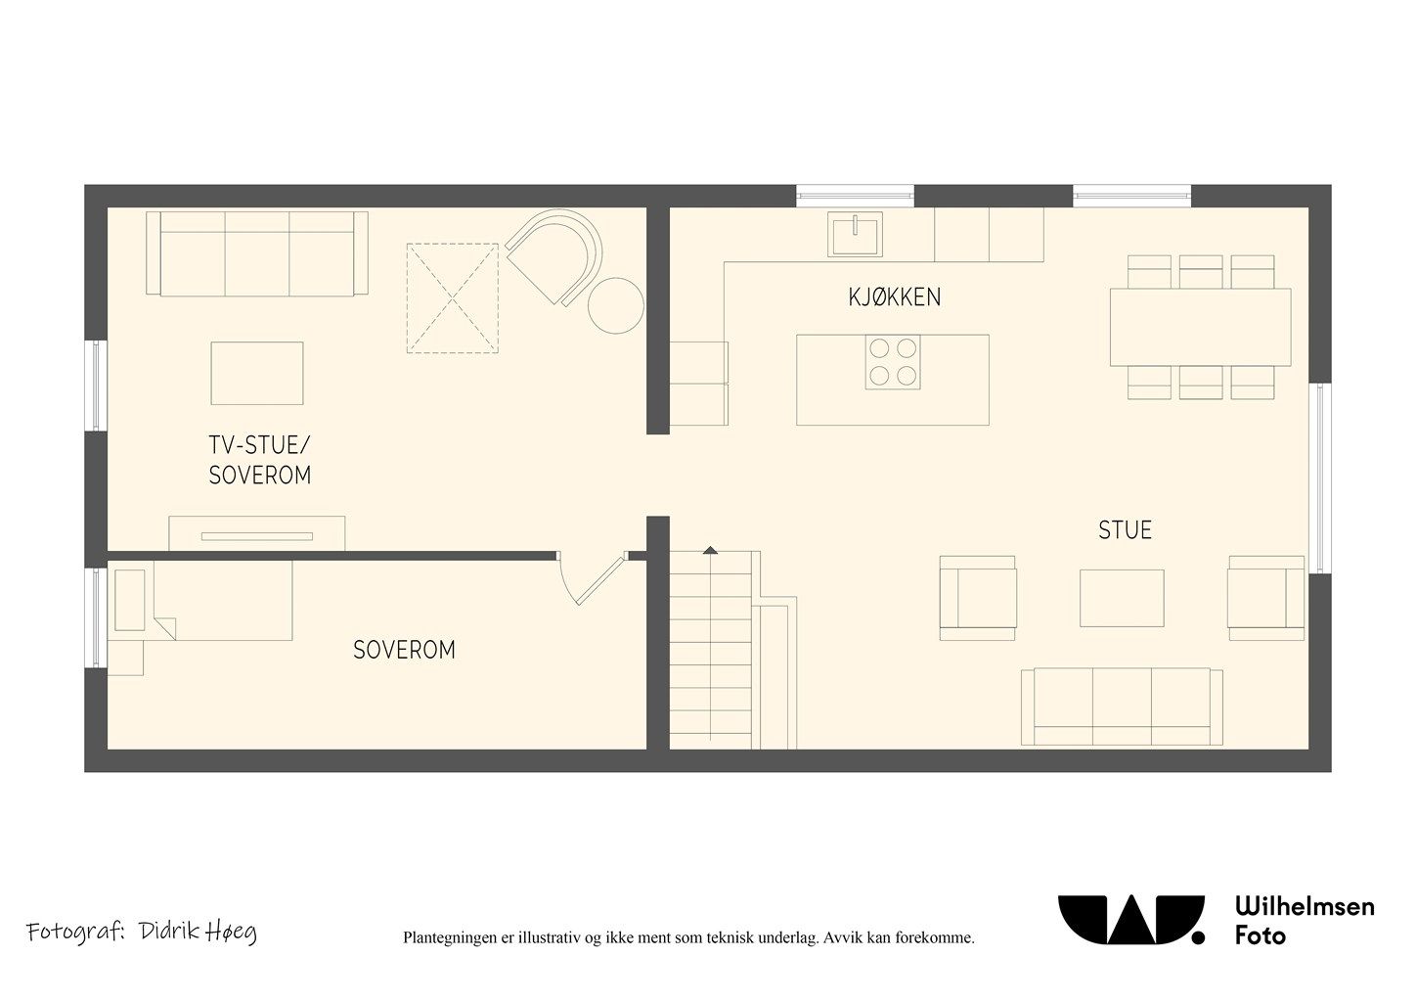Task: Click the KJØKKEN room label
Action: [895, 296]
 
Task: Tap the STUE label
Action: [1125, 530]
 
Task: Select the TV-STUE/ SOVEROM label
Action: [260, 460]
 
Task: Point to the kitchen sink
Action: [855, 234]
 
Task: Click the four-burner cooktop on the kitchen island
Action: [893, 362]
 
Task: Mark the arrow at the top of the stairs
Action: [711, 550]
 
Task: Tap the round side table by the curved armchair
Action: [616, 305]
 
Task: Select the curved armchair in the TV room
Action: [553, 257]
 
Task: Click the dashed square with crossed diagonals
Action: [452, 297]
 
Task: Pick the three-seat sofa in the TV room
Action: [256, 253]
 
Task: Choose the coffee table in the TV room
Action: [256, 373]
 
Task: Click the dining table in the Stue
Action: [1201, 327]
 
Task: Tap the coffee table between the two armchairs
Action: [1122, 598]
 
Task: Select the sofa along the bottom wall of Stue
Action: [1122, 706]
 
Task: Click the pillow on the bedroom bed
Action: [130, 600]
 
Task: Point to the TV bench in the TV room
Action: [256, 533]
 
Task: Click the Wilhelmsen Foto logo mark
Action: [1131, 920]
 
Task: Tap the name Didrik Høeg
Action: [198, 932]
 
